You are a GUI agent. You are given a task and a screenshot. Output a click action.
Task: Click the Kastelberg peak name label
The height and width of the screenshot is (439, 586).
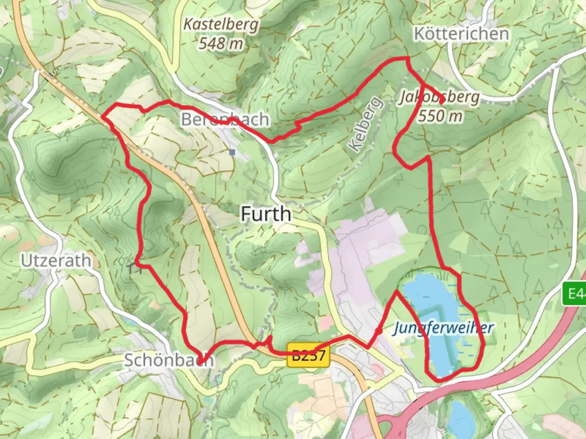tap(221, 25)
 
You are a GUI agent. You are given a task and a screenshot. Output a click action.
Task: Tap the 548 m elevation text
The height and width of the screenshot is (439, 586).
tap(221, 43)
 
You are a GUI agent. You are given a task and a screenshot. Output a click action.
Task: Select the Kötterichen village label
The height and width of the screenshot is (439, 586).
tap(461, 34)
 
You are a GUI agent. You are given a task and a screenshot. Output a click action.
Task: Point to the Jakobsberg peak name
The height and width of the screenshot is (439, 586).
tap(439, 97)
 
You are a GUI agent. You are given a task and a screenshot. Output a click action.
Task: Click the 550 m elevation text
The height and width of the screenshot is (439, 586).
tap(440, 116)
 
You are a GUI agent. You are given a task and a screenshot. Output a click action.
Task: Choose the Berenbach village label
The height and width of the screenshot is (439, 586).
tap(225, 120)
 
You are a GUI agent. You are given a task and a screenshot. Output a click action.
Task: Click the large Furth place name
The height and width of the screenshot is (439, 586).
tap(266, 214)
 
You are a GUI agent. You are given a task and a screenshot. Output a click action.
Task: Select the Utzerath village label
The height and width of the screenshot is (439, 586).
tap(56, 261)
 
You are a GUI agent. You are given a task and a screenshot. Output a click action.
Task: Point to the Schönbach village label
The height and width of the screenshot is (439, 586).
tap(168, 360)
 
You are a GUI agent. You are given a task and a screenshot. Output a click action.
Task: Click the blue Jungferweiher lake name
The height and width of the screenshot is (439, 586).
tap(443, 328)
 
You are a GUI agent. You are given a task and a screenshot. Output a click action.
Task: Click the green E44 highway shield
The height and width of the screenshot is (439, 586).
tap(574, 293)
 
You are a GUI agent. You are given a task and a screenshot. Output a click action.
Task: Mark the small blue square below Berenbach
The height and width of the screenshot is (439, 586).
tap(232, 152)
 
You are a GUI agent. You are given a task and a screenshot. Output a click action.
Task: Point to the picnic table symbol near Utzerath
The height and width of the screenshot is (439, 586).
tap(134, 268)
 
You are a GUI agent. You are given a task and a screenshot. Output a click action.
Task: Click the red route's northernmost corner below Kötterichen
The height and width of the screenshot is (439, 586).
tap(407, 59)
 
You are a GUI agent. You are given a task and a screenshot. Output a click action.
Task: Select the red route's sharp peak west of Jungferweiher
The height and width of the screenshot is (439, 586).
tap(396, 291)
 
